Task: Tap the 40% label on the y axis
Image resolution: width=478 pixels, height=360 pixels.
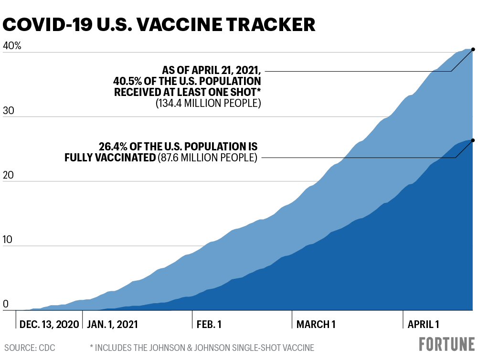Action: (12, 46)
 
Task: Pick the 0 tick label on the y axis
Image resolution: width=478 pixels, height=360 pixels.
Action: (6, 304)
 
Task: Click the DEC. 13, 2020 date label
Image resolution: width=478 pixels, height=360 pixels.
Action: (49, 324)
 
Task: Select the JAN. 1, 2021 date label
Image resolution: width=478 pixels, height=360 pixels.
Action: (113, 324)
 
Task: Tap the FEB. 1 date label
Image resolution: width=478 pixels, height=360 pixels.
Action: (209, 324)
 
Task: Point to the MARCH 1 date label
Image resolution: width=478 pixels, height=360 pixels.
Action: (316, 324)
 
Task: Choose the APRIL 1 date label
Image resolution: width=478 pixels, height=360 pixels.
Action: (423, 324)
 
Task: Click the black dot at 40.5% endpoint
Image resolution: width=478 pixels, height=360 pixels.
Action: (473, 49)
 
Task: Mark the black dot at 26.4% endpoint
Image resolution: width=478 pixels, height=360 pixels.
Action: (473, 140)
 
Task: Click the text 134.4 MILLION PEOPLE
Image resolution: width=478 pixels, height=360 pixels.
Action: (208, 103)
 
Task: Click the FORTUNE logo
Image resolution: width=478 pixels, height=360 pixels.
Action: (447, 344)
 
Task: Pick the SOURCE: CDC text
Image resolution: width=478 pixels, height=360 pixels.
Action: (30, 348)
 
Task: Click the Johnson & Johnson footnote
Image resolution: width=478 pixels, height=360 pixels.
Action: (202, 348)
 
